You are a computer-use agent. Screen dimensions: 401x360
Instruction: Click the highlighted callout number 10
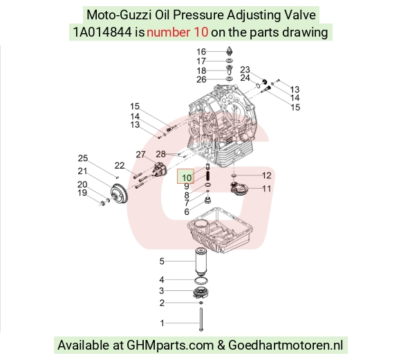coord(187,178)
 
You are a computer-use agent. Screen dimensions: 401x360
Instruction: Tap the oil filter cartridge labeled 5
coord(201,261)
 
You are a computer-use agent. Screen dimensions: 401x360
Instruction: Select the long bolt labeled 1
coord(200,319)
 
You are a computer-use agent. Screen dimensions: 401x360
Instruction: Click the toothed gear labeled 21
coord(119,196)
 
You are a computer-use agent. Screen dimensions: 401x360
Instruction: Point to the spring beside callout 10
coord(208,176)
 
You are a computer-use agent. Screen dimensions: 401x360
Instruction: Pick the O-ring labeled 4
coord(201,281)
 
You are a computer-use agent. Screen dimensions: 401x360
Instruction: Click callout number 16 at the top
coord(201,52)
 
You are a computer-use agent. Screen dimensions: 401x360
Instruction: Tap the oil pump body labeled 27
coord(160,169)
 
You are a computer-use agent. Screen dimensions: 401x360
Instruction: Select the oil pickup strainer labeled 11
coord(239,189)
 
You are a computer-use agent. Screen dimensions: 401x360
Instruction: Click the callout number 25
coord(82,158)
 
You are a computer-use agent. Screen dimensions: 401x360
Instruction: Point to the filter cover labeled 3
coord(200,292)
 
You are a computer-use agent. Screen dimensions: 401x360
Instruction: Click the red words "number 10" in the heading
coord(177,32)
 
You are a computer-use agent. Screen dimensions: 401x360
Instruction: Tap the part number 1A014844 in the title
coord(102,32)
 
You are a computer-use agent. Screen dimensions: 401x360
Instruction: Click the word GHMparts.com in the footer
coord(170,345)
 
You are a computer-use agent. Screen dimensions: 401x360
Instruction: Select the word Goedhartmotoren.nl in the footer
coord(286,345)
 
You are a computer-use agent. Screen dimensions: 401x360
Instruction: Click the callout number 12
coord(266,176)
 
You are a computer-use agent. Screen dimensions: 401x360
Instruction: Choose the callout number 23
coord(245,70)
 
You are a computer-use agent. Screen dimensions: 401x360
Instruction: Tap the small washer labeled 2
coord(201,303)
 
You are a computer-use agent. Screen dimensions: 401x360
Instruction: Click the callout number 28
coord(160,154)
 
